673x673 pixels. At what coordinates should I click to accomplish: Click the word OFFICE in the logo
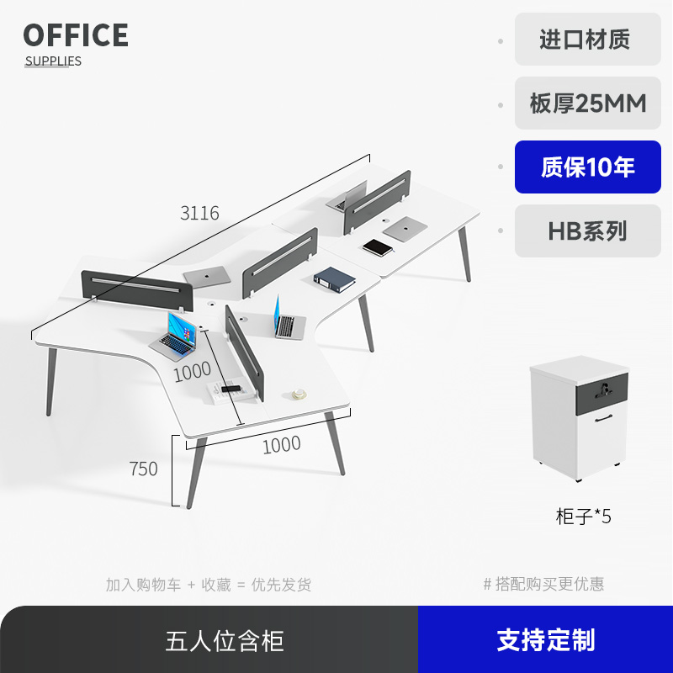pyautogui.click(x=76, y=36)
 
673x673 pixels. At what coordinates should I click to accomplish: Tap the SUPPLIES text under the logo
pyautogui.click(x=53, y=61)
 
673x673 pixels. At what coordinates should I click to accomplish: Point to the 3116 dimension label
pyautogui.click(x=199, y=214)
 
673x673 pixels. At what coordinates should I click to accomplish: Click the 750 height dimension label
pyautogui.click(x=144, y=469)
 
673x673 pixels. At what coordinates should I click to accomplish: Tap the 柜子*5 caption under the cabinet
pyautogui.click(x=583, y=517)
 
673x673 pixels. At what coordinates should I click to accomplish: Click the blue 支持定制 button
pyautogui.click(x=545, y=640)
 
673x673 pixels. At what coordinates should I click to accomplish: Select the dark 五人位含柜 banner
pyautogui.click(x=225, y=640)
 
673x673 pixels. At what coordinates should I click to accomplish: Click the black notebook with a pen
pyautogui.click(x=379, y=247)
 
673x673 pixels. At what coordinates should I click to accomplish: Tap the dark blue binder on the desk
pyautogui.click(x=335, y=279)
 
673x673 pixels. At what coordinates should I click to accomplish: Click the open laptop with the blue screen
pyautogui.click(x=177, y=334)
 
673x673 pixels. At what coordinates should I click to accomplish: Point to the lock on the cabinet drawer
pyautogui.click(x=602, y=388)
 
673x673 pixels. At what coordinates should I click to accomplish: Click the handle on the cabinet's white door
pyautogui.click(x=602, y=420)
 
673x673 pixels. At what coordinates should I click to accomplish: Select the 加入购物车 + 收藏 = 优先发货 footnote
pyautogui.click(x=208, y=584)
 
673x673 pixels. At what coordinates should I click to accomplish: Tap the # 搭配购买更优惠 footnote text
pyautogui.click(x=543, y=584)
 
